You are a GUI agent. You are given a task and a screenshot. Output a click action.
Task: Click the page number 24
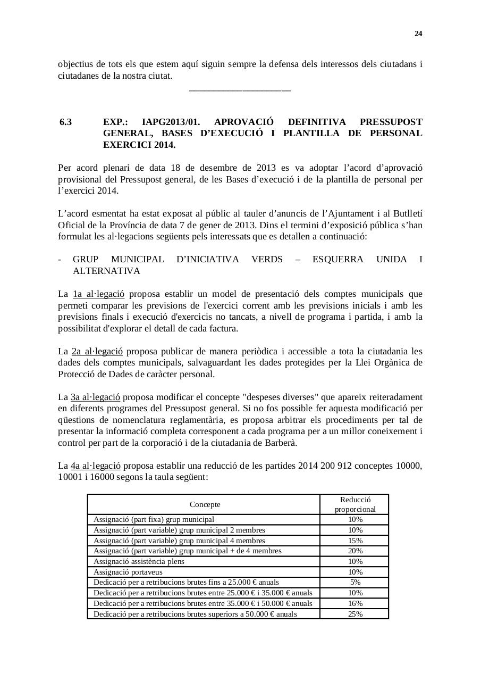(x=418, y=34)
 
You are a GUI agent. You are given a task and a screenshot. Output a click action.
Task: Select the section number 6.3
(x=65, y=122)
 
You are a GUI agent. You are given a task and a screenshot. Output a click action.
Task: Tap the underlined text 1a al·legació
(x=98, y=294)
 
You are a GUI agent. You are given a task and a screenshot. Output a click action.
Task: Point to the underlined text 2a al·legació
(x=97, y=351)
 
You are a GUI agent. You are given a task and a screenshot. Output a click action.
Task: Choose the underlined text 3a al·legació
(x=96, y=397)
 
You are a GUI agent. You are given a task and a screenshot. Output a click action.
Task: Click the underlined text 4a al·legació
(x=96, y=466)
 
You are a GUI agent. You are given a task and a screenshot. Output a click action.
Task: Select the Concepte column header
(x=205, y=504)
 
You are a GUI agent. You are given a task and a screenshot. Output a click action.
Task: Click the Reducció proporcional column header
(x=355, y=504)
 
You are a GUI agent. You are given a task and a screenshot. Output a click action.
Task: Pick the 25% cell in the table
(x=355, y=614)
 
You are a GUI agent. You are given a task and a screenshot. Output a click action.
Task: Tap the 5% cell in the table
(x=355, y=583)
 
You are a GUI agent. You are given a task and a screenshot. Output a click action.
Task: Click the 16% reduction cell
(x=355, y=603)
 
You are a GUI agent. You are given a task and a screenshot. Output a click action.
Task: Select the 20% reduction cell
(x=355, y=551)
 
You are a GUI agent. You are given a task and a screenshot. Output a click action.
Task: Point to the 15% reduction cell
(x=355, y=541)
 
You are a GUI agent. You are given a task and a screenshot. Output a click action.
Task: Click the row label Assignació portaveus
(x=128, y=572)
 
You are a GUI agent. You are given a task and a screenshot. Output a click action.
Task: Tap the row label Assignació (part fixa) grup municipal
(x=154, y=519)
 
